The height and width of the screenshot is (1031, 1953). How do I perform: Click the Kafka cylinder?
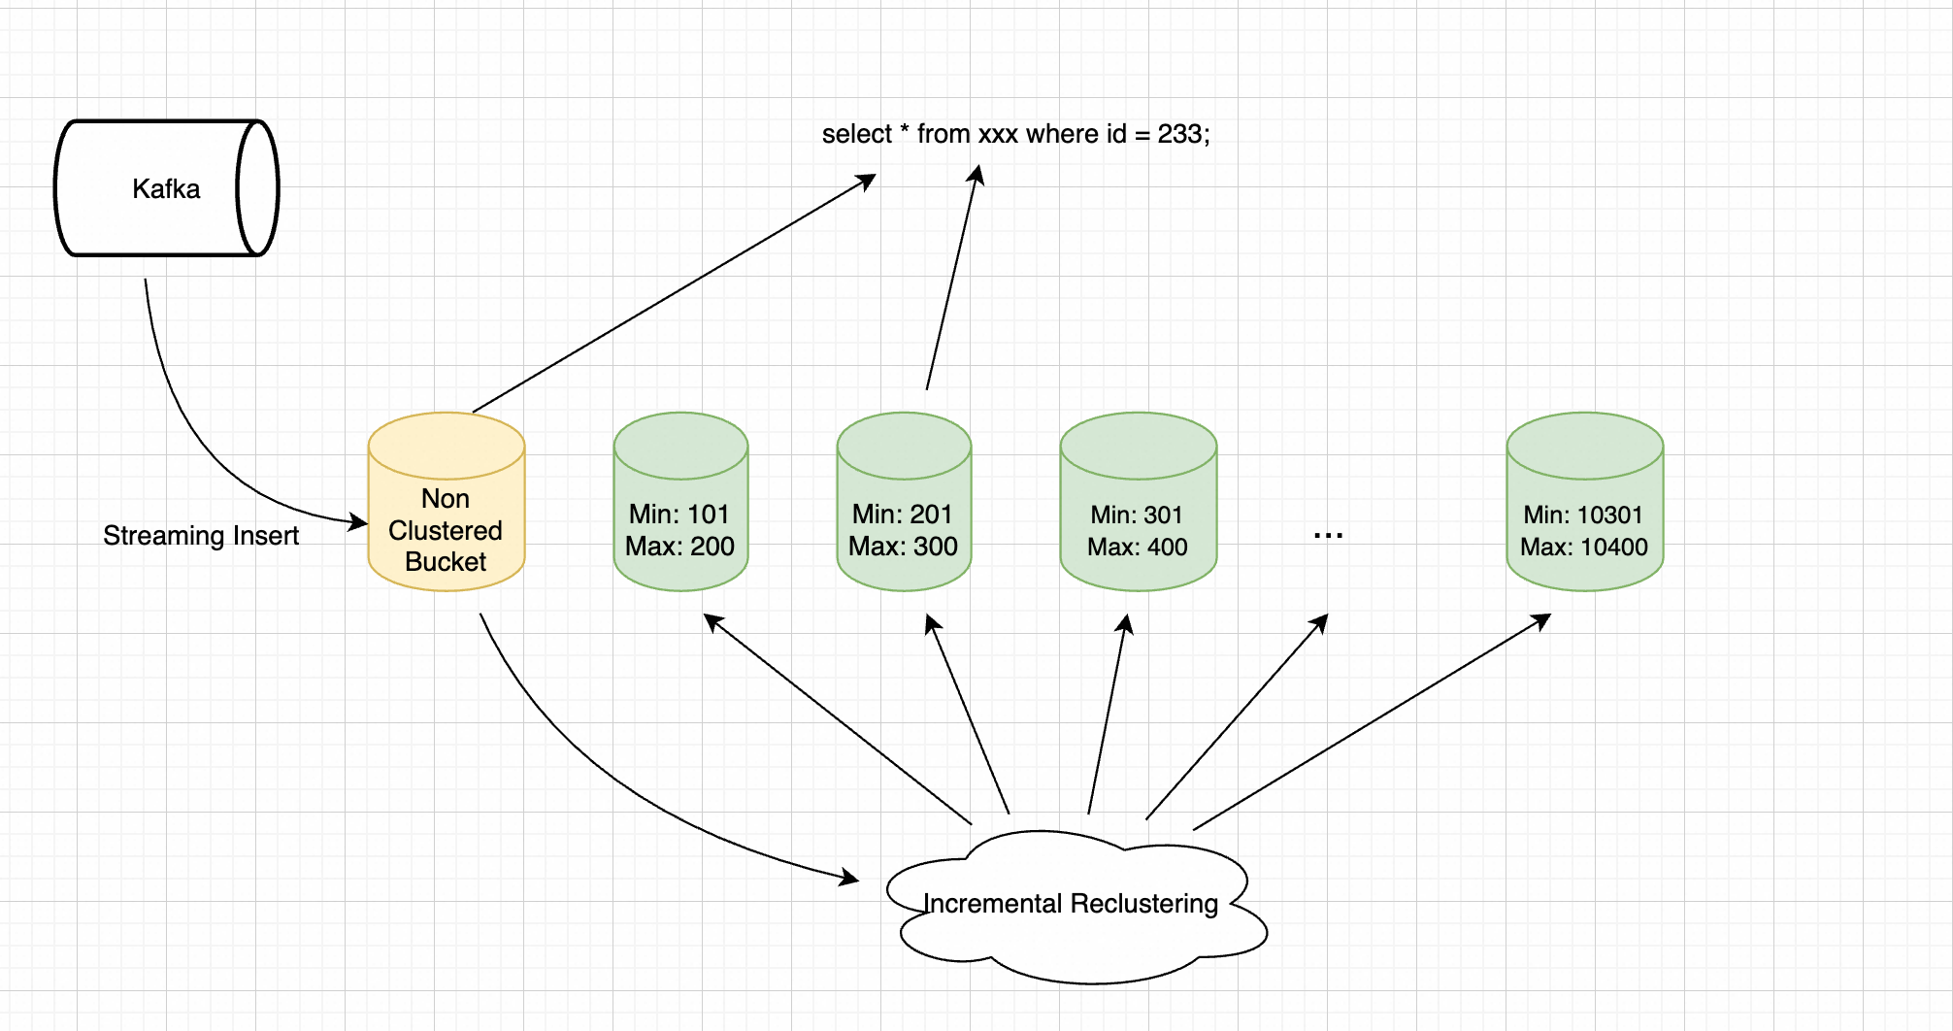(167, 188)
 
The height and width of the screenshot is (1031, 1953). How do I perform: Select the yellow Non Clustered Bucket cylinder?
(447, 502)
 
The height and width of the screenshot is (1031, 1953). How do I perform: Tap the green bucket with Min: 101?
(680, 502)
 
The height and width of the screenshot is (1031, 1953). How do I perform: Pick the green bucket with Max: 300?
(904, 502)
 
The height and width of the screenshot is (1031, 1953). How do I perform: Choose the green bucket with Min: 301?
(1138, 502)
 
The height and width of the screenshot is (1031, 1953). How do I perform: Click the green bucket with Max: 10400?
(1584, 502)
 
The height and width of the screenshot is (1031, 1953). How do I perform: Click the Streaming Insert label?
(201, 536)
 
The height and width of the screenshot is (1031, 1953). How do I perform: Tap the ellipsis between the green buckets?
(1328, 535)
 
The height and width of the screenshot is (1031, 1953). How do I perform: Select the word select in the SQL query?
(856, 134)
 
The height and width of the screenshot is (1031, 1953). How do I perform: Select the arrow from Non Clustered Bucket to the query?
(675, 293)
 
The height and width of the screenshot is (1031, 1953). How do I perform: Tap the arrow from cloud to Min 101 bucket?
(837, 718)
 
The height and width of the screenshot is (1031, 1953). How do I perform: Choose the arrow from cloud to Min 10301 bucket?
(1373, 721)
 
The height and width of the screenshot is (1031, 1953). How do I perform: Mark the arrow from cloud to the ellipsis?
(1237, 716)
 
